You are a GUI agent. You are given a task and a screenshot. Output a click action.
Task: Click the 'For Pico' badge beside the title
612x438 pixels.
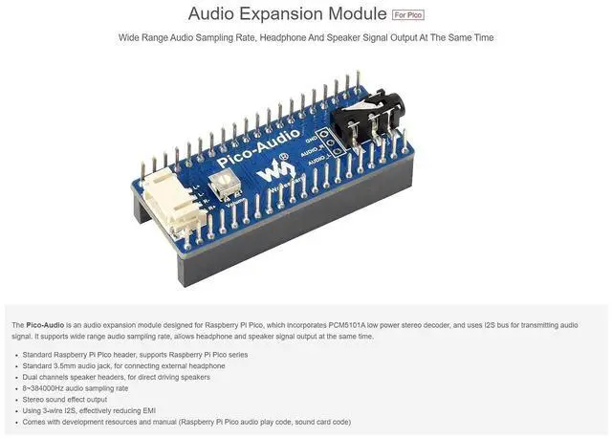click(408, 15)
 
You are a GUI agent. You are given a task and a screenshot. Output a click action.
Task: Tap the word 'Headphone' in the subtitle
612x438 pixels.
click(277, 37)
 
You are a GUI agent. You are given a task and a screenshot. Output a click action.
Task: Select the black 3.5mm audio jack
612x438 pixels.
click(366, 121)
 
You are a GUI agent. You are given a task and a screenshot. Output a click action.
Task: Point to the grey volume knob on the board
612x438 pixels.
click(223, 185)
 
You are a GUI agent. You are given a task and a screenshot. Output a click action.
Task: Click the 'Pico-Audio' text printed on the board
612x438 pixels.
click(258, 148)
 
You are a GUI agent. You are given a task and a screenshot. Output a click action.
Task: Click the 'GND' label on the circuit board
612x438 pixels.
click(311, 139)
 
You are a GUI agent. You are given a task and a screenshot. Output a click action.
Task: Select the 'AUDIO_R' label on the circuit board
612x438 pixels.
click(312, 151)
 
